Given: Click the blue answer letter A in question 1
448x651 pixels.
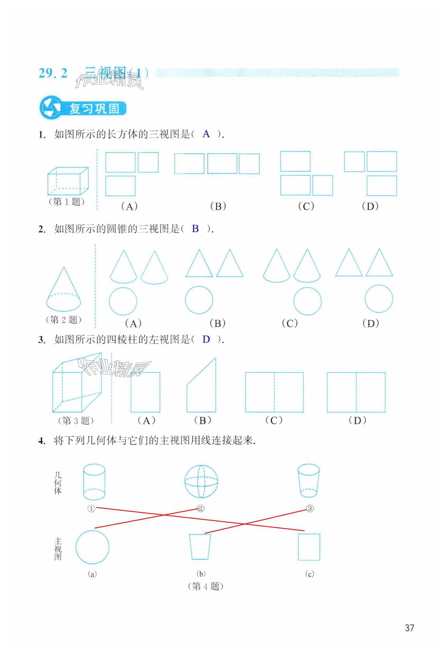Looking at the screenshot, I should (206, 134).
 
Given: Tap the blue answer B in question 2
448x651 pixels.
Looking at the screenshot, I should (195, 229).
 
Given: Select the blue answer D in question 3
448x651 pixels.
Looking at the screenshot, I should (206, 340).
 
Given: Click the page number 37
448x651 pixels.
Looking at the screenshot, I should (409, 628).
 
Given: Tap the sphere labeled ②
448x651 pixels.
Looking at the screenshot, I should (201, 481).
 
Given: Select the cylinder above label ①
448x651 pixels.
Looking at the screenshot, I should (94, 482).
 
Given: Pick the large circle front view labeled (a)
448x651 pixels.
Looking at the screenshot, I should (92, 547).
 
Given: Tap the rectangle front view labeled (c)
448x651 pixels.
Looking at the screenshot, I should (309, 547).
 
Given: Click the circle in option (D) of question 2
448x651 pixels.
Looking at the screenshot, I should (379, 299).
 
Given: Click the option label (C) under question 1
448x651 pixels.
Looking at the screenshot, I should (306, 206).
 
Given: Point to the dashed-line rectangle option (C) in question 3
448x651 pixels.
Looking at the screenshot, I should (274, 392).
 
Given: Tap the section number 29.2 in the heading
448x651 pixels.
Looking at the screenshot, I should (53, 73).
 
